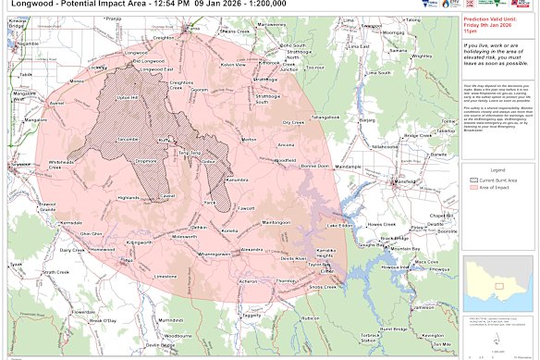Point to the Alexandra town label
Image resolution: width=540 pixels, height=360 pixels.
click(252, 250)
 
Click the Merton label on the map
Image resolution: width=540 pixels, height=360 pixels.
click(249, 140)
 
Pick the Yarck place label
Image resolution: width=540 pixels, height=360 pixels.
click(210, 202)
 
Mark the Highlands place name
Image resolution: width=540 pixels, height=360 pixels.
click(129, 196)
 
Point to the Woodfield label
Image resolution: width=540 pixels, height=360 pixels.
click(286, 160)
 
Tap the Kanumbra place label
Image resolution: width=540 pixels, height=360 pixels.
click(239, 180)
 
